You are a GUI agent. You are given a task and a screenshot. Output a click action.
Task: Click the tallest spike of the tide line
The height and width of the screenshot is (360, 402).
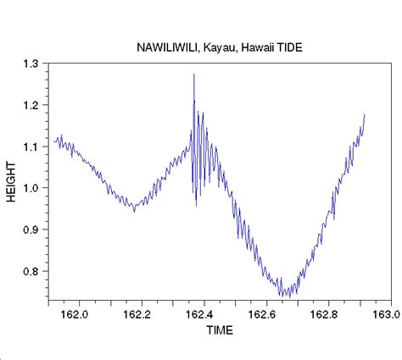194,75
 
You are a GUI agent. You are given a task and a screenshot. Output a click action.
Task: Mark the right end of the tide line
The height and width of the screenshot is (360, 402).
365,114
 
